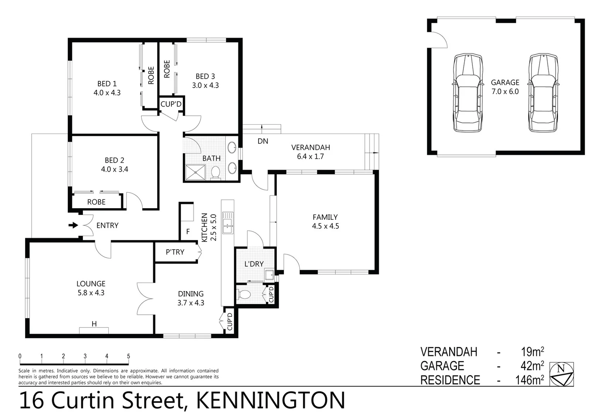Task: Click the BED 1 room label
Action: (x=107, y=84)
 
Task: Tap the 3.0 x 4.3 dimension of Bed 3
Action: (x=205, y=86)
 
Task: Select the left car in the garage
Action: (x=468, y=93)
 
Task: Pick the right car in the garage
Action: (x=544, y=93)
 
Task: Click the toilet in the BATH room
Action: (x=215, y=173)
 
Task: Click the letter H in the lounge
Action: (x=94, y=324)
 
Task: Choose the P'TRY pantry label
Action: (x=175, y=252)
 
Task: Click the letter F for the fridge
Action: (x=188, y=232)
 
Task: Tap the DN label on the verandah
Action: (x=263, y=141)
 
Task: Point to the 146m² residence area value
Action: (x=529, y=380)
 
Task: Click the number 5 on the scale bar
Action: (x=129, y=356)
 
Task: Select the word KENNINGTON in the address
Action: (x=271, y=401)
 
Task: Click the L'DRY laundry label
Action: (x=254, y=264)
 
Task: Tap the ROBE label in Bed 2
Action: (x=96, y=202)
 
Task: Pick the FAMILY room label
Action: (x=325, y=217)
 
